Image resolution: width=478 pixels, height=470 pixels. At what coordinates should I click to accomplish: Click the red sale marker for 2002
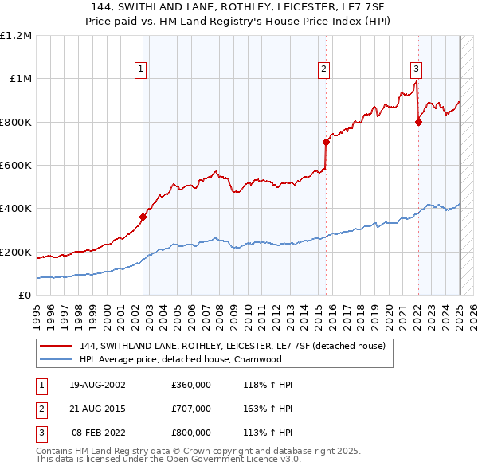click(x=143, y=217)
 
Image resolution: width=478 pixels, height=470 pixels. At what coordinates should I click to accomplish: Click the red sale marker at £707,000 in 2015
click(x=326, y=143)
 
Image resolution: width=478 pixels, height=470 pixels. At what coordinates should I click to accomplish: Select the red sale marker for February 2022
click(x=418, y=122)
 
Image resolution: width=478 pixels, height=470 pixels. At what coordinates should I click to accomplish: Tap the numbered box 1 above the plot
click(x=140, y=69)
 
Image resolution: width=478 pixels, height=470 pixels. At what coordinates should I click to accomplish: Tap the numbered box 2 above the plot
click(x=324, y=69)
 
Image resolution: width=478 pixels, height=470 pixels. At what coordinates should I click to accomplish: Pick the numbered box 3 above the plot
click(x=417, y=69)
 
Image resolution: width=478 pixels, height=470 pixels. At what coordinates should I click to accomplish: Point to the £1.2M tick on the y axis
click(x=16, y=36)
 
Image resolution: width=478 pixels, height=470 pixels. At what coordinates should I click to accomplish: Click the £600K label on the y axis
click(x=17, y=166)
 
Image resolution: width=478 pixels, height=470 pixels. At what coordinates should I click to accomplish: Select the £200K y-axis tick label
click(x=17, y=252)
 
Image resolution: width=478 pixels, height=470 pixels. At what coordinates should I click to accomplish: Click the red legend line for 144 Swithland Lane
click(x=56, y=347)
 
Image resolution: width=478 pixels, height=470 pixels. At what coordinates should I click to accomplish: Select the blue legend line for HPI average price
click(x=56, y=359)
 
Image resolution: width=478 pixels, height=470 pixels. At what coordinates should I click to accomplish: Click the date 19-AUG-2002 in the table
click(x=98, y=385)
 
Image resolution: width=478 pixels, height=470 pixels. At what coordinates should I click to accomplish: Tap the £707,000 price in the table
click(x=191, y=409)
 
